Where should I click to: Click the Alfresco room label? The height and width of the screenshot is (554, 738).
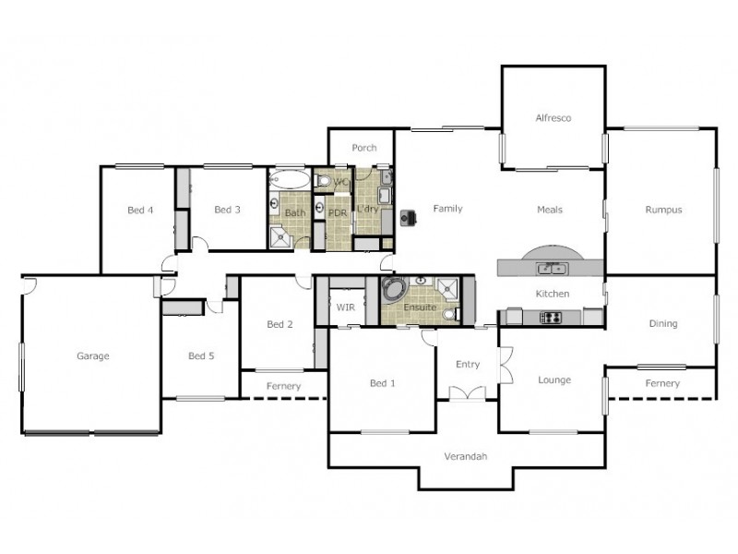coord(553,118)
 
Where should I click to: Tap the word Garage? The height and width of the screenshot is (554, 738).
coord(93,355)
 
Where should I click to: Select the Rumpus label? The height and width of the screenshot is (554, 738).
coord(663,210)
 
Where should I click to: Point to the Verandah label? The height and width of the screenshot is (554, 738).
coord(465,456)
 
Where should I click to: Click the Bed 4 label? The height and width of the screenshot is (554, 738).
coord(140,210)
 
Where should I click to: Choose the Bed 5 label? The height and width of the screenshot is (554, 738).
coord(201,355)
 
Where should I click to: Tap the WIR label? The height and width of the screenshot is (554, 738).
coord(346,306)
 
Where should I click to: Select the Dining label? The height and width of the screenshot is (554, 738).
coord(662,323)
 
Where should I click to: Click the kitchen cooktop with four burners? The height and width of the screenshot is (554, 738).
coord(550,318)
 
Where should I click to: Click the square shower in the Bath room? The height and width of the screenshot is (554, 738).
coord(281,238)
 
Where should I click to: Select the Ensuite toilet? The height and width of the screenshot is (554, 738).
coord(449,314)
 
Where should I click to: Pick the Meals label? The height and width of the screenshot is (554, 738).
coord(550,210)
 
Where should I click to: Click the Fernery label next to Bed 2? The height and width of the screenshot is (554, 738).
coord(283,385)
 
